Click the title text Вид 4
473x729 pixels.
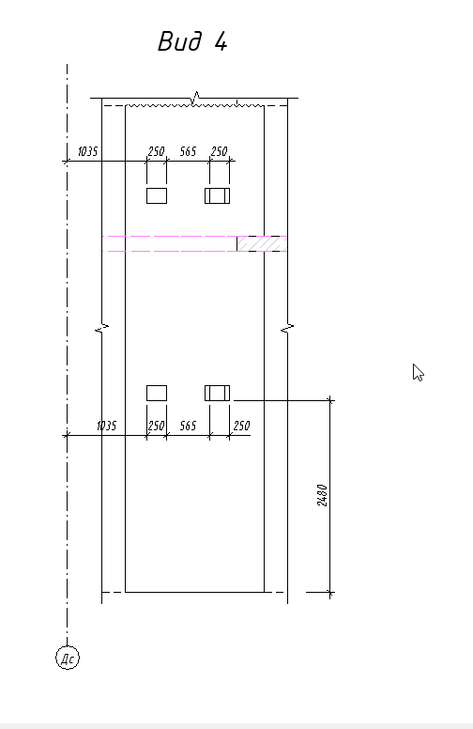coord(192,41)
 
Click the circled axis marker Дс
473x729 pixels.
coord(68,658)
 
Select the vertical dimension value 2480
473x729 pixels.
coord(323,495)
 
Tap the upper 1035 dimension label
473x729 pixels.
coord(88,151)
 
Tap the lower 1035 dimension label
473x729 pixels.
coord(106,426)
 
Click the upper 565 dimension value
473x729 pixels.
coord(189,151)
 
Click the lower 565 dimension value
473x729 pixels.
coord(189,426)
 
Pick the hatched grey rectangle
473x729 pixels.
coord(262,243)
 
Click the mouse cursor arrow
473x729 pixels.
coord(418,372)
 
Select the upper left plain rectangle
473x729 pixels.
coord(157,195)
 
